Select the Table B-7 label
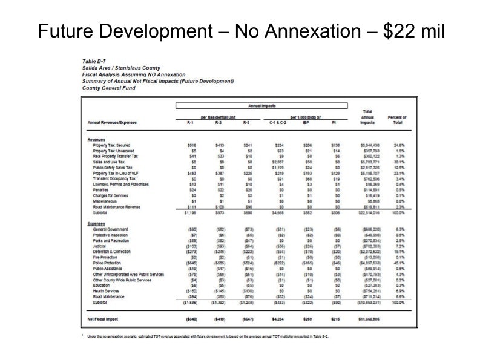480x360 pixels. (x=95, y=61)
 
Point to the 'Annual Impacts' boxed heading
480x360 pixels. (x=261, y=106)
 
